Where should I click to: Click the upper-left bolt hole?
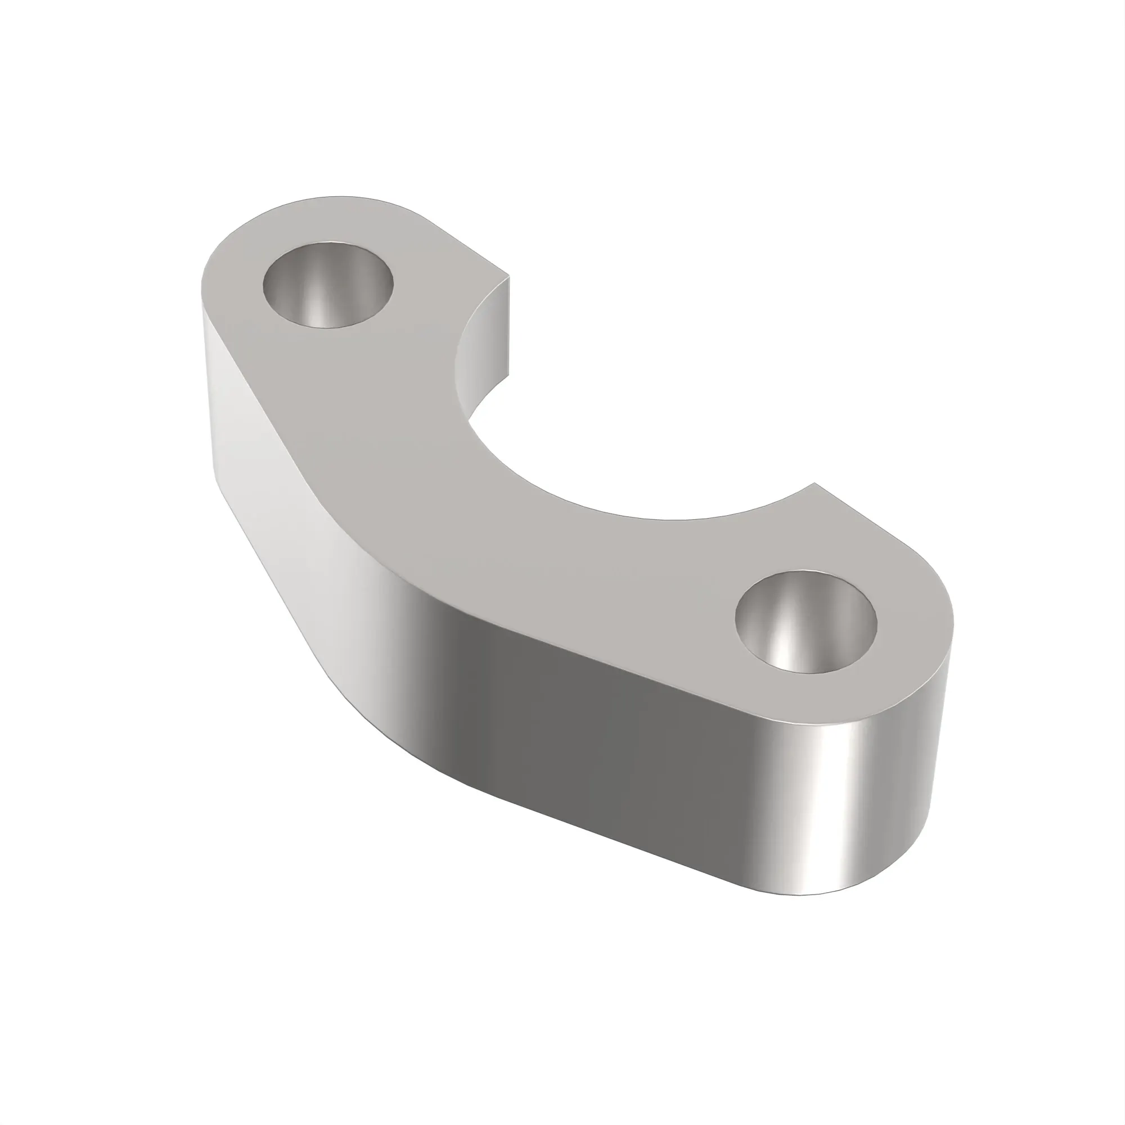(328, 285)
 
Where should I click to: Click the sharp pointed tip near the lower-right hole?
(814, 483)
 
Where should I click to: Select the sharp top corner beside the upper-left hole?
(510, 276)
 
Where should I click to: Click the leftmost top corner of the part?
(202, 291)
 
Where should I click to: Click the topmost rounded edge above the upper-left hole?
(341, 196)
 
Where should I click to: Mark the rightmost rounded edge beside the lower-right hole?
(953, 623)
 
